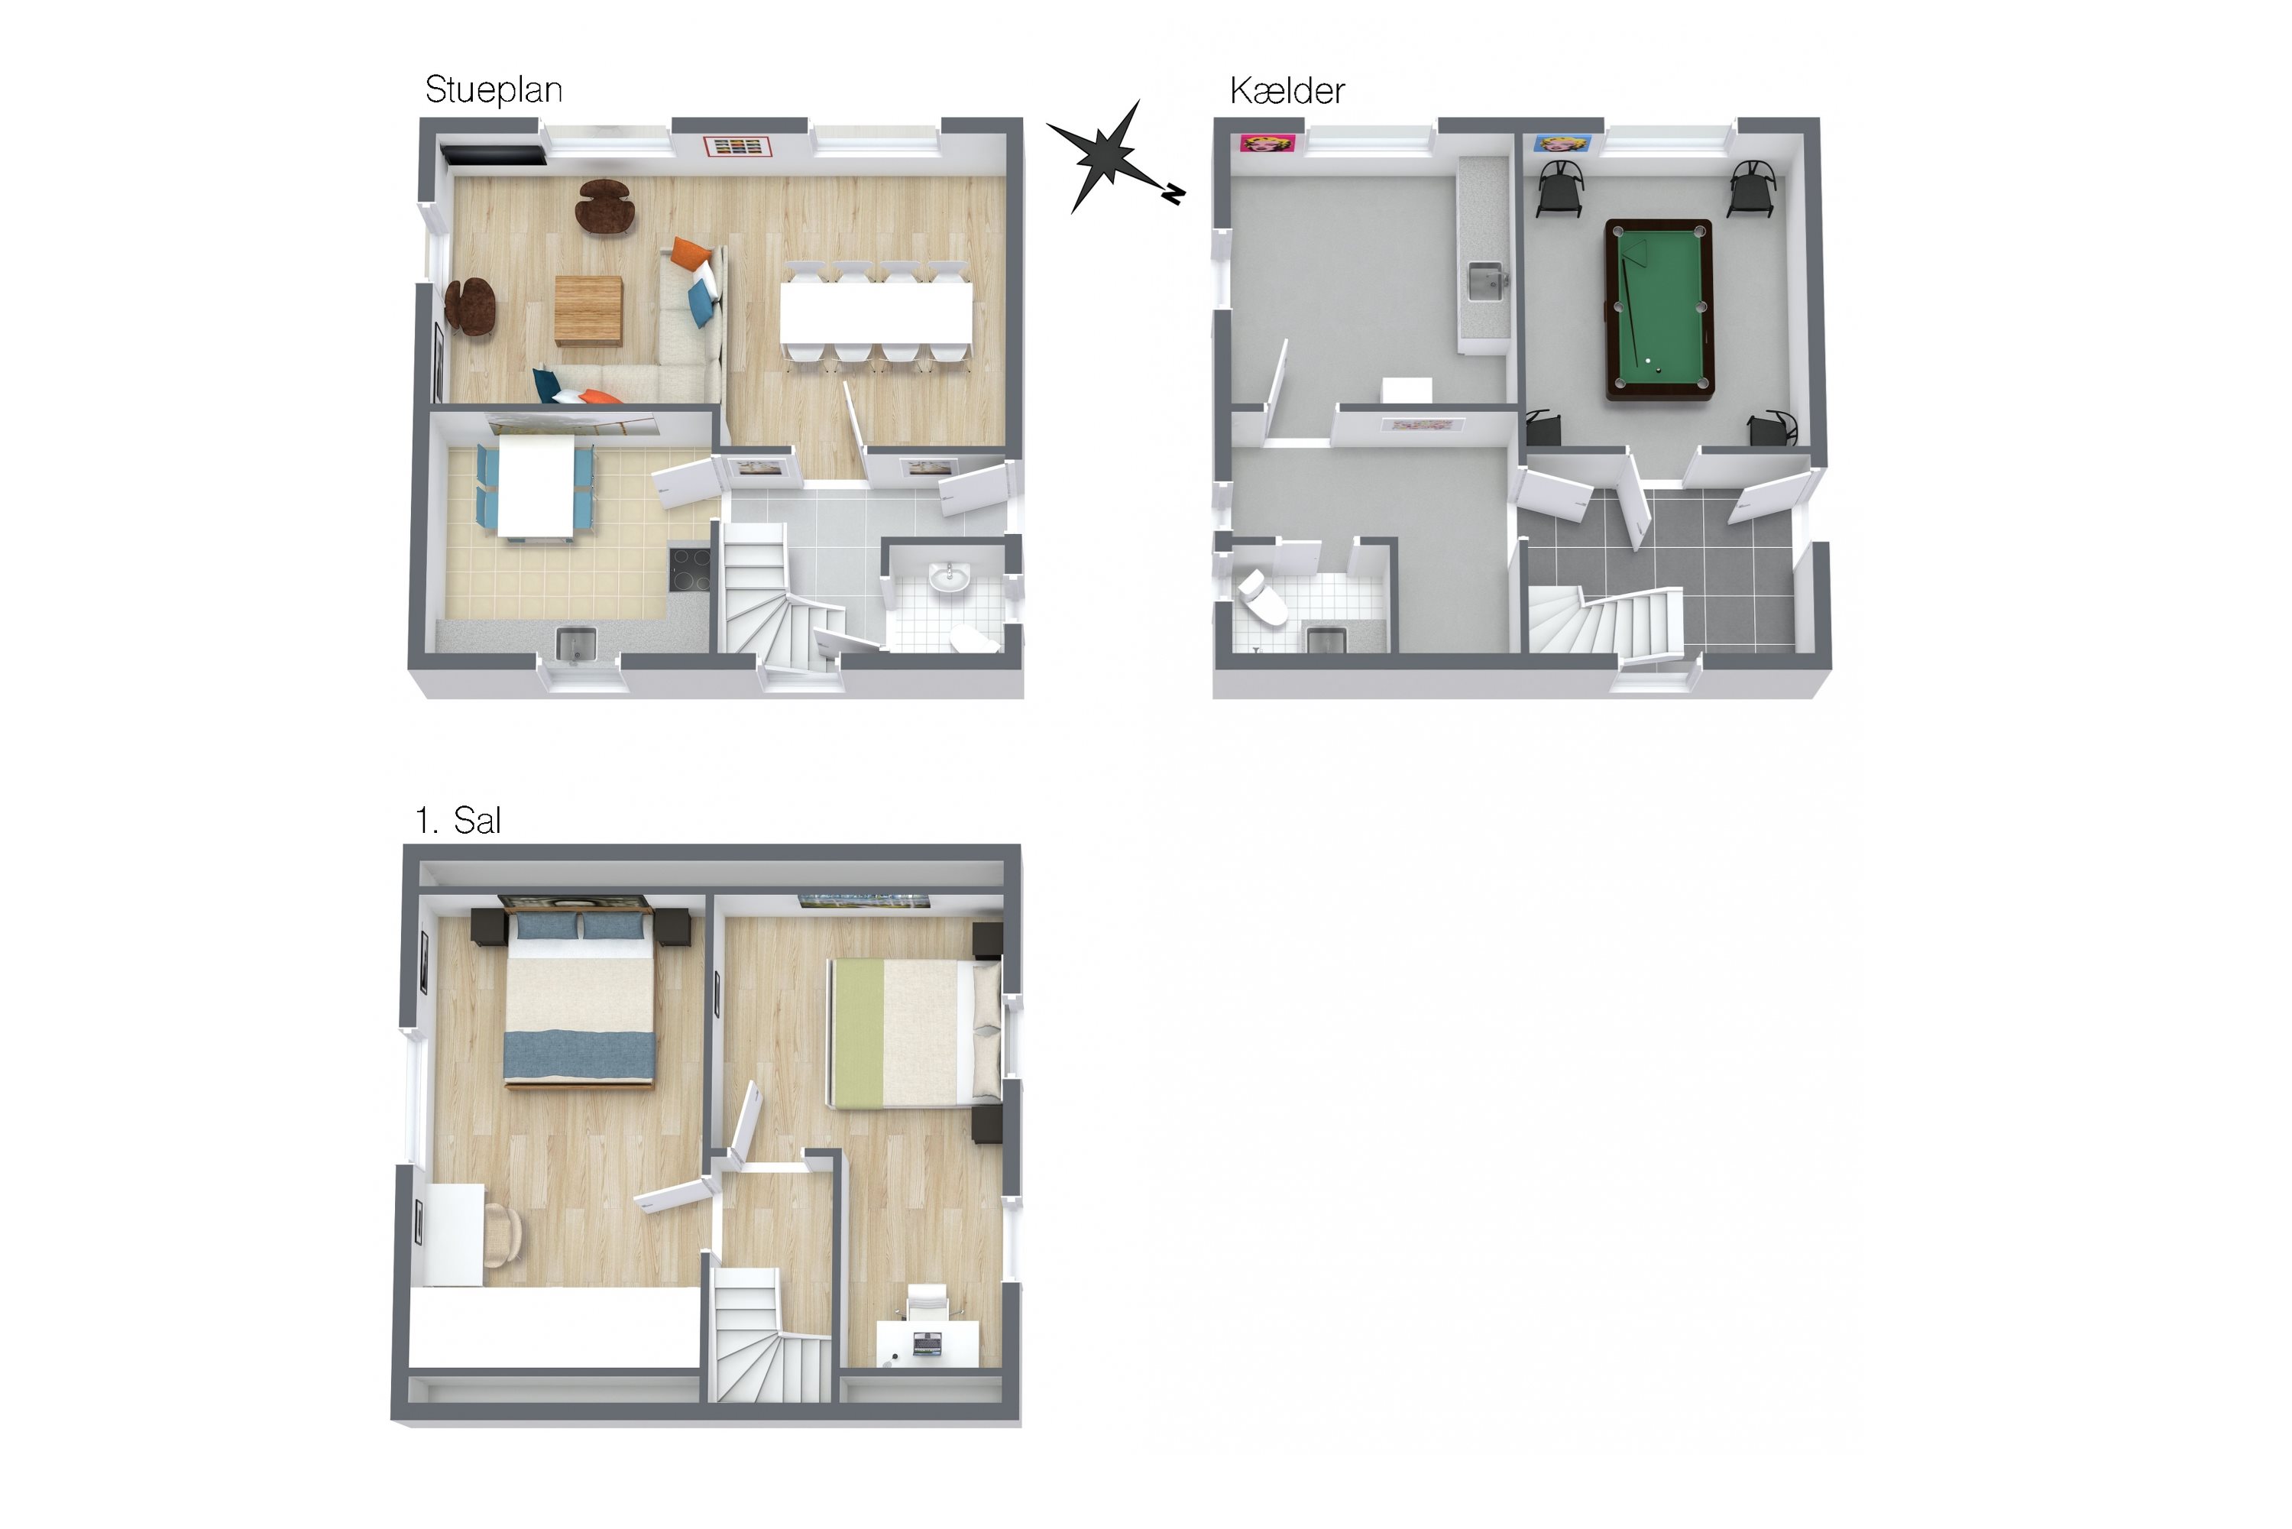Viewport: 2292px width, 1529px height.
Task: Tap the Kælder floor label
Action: (x=1287, y=91)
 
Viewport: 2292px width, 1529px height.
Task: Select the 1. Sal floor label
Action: (x=458, y=820)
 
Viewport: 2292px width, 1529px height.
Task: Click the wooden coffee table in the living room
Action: (x=589, y=310)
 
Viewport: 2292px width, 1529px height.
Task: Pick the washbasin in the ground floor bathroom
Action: (x=949, y=577)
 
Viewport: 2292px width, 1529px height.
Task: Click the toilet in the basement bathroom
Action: (x=1261, y=598)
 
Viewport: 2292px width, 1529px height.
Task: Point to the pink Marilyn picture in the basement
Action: (x=1267, y=144)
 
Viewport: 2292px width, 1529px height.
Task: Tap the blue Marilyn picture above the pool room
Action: (x=1563, y=144)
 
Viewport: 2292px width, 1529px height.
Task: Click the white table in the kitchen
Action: (x=536, y=484)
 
